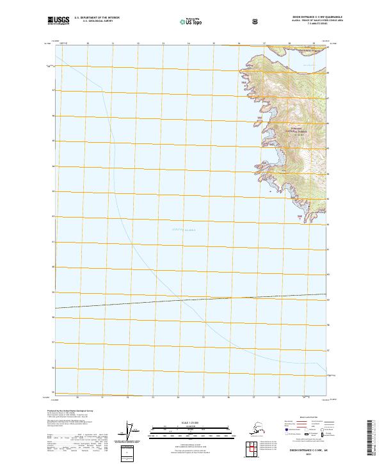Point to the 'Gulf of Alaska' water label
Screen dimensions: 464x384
tap(183, 229)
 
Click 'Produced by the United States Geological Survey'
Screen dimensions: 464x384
tap(70, 410)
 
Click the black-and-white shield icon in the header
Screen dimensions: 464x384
tap(255, 21)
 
